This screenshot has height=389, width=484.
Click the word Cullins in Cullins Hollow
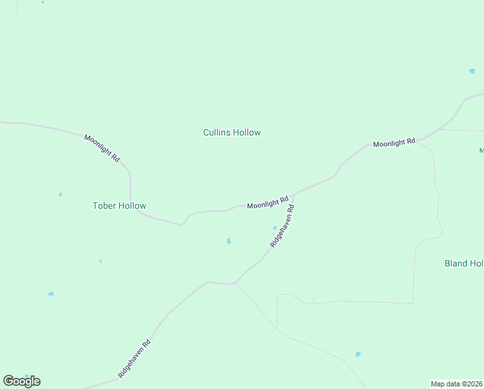(x=217, y=132)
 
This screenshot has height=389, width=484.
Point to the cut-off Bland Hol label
(x=464, y=263)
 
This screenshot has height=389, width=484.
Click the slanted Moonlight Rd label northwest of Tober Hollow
(x=102, y=148)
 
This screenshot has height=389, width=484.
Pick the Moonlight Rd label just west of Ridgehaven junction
(x=267, y=203)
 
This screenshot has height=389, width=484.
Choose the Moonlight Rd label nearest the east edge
(x=393, y=142)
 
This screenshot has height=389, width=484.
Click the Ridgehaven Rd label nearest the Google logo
(x=135, y=359)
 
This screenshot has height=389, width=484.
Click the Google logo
(x=21, y=381)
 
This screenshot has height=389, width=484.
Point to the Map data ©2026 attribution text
(x=457, y=383)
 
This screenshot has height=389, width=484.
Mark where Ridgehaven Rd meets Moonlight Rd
(x=295, y=194)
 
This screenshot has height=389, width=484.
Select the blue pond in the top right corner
(x=472, y=71)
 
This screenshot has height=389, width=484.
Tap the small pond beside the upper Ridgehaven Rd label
(x=274, y=228)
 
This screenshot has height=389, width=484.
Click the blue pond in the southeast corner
(x=358, y=354)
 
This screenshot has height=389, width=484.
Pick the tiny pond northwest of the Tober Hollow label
(x=60, y=194)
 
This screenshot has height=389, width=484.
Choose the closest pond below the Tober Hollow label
(x=100, y=261)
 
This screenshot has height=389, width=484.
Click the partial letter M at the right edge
(x=481, y=150)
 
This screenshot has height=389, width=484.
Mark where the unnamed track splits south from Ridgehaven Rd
(x=236, y=283)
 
